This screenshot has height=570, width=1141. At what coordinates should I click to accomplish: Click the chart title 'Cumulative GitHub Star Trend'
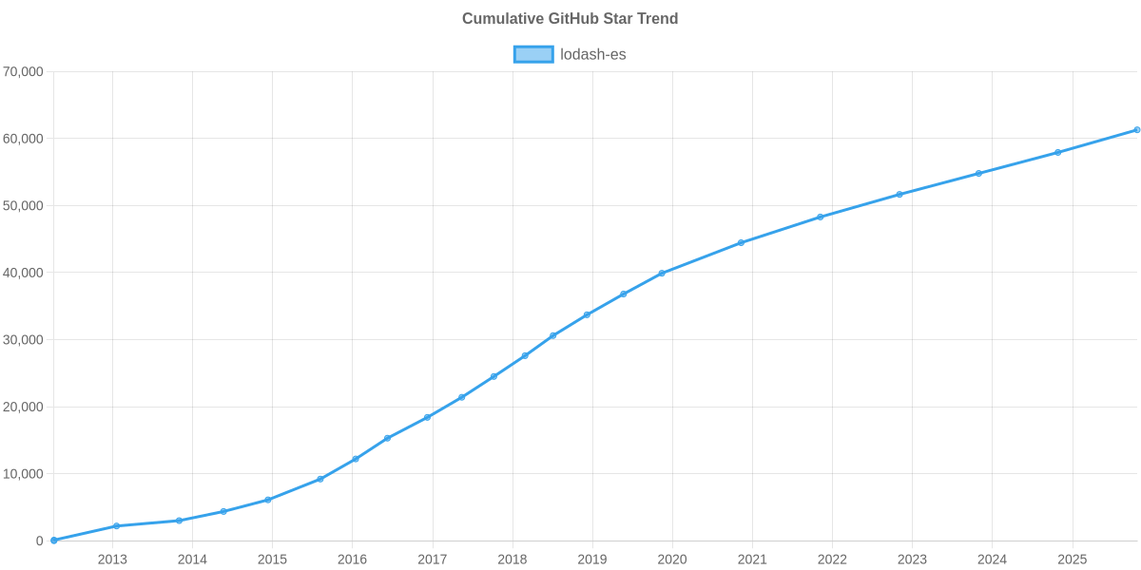pos(570,19)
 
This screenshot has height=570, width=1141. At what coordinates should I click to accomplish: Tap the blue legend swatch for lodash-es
pos(532,54)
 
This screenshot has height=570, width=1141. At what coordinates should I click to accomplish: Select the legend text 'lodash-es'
pos(592,54)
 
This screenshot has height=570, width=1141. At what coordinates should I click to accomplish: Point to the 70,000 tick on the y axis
pos(24,72)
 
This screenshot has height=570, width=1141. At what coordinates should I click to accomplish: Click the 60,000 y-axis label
pos(24,139)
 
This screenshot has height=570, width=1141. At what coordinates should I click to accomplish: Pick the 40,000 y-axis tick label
pos(24,273)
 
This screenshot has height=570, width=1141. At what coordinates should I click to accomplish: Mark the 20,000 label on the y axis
pos(24,407)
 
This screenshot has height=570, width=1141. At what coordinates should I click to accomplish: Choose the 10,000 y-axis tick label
pos(24,474)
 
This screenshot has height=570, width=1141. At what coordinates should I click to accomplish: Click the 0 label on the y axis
pos(39,541)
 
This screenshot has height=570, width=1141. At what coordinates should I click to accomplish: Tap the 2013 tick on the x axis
pos(112,560)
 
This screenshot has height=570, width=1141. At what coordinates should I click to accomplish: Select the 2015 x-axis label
pos(272,560)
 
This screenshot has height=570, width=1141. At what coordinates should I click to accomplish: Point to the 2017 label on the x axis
pos(432,560)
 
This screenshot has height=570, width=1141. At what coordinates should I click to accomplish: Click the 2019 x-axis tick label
pos(592,560)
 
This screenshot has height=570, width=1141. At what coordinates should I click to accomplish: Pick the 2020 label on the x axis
pos(672,560)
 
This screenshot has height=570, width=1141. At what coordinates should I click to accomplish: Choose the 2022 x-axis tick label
pos(832,560)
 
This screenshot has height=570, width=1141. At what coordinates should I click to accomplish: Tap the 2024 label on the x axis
pos(992,560)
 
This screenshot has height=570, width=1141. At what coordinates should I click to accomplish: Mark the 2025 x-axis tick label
pos(1072,560)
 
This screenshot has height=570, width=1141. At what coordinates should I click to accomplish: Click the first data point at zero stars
pos(54,540)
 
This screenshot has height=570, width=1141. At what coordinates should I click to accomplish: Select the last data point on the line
pos(1136,130)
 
